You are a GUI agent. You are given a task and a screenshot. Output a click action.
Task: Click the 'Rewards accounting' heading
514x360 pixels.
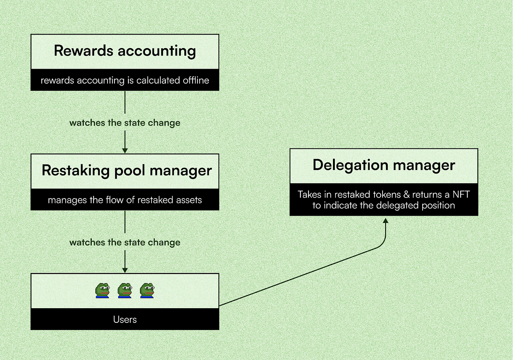tap(125, 51)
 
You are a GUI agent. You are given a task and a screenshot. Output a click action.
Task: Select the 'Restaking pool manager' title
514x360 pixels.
tap(127, 171)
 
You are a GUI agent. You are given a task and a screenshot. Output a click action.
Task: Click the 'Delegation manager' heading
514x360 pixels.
tap(384, 165)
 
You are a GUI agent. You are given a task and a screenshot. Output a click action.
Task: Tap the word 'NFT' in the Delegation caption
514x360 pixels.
tap(461, 194)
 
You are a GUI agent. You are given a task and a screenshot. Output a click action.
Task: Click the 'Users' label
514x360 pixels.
tap(125, 320)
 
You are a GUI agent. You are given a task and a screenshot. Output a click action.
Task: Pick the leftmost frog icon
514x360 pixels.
tap(102, 291)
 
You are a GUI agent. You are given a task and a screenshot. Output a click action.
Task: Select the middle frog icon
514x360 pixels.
tap(125, 291)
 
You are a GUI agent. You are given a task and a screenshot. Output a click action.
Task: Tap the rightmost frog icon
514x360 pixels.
tap(147, 291)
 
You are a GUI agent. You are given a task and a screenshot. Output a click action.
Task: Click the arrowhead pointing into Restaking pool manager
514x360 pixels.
tap(125, 151)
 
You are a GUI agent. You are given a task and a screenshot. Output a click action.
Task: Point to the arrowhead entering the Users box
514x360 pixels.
tap(125, 270)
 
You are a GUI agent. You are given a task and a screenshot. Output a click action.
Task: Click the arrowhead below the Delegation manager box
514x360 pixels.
tap(385, 221)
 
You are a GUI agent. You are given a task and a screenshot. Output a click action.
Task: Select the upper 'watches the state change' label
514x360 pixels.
tap(125, 123)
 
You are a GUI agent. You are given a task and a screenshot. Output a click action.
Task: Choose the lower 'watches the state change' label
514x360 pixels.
tap(125, 242)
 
